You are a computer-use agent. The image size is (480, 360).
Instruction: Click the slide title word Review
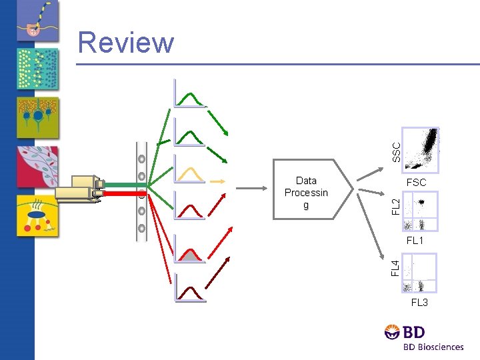click(x=126, y=43)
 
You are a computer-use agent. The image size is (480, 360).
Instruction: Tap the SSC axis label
click(x=396, y=151)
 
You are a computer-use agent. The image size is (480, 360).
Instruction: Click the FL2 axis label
click(x=396, y=206)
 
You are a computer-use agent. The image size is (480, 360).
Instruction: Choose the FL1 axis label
click(x=415, y=240)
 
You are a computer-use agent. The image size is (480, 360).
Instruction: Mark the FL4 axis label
click(x=396, y=268)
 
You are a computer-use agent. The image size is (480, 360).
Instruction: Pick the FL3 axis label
click(x=419, y=303)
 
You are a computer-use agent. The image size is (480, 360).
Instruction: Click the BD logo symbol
click(x=393, y=332)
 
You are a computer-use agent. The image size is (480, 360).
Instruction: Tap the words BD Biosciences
click(x=433, y=347)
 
